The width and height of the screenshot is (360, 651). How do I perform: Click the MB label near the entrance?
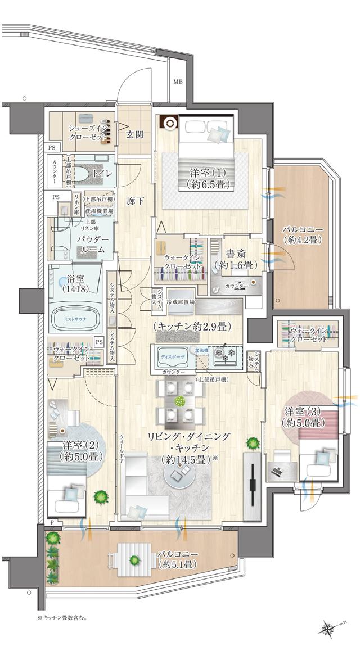pos(178,82)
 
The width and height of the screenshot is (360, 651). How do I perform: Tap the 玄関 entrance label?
pos(134,135)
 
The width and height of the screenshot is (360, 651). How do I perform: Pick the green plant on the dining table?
pos(180,401)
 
